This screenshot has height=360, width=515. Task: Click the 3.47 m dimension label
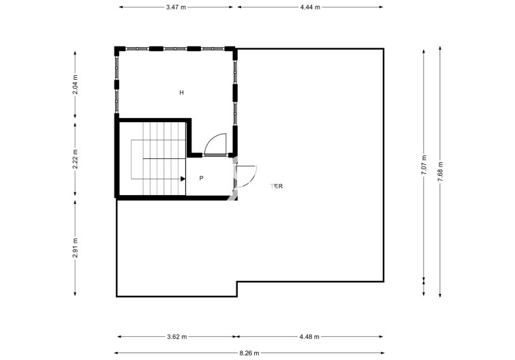176,7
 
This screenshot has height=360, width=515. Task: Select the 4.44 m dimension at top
309,7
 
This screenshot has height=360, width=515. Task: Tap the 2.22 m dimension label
76,159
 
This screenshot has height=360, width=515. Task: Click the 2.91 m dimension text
76,246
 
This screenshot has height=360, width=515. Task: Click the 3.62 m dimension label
176,336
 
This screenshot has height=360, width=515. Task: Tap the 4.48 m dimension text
309,336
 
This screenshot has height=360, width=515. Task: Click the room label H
181,92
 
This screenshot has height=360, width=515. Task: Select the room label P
202,178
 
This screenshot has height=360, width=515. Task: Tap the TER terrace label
277,185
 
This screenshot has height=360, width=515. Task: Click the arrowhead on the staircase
183,179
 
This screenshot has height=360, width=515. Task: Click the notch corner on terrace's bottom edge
236,282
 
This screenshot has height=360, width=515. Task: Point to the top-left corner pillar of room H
117,49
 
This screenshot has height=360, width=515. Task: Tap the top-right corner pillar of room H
233,49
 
